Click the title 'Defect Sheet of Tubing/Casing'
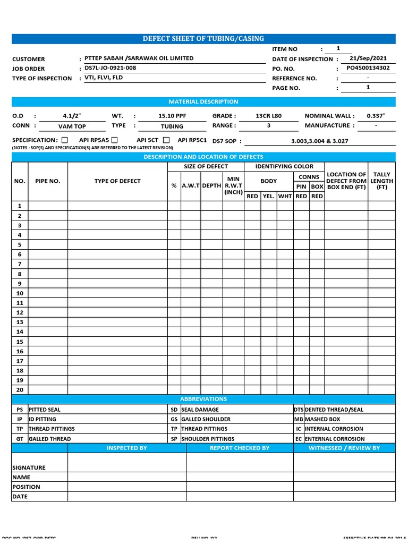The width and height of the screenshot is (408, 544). pos(203,39)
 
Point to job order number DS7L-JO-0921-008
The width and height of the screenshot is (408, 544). pos(110,68)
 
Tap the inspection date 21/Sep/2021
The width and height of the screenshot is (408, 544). pos(368,58)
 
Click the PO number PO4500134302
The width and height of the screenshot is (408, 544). pos(368,68)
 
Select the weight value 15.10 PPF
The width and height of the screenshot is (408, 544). pos(172,116)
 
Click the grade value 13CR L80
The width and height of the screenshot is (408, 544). pos(269,116)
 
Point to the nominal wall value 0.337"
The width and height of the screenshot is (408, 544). pos(376,116)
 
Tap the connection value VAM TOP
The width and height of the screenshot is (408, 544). pos(72,126)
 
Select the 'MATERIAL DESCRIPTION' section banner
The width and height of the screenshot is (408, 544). pos(203,101)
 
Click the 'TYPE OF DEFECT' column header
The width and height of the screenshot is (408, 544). pos(117,181)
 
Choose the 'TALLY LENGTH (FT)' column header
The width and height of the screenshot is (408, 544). pos(381,181)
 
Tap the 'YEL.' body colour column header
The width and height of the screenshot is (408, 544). pos(269,196)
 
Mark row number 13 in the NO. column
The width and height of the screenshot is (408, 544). pos(20,322)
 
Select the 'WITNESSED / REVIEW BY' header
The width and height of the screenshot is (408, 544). pos(344,448)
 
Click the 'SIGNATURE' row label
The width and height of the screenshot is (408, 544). pos(29,467)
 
